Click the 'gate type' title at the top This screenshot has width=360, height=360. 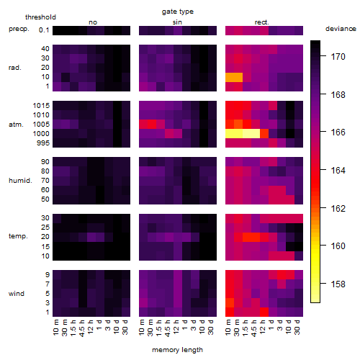178,12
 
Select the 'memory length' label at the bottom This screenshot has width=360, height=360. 178,350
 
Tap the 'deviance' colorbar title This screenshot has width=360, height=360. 341,29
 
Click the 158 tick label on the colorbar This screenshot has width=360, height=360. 338,284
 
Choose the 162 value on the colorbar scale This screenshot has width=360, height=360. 338,208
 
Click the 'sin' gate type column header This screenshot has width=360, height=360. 177,22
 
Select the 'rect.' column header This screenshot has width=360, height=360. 262,22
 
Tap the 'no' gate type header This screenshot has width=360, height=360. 93,22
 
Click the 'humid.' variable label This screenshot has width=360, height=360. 20,181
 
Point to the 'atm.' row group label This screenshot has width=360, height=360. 16,125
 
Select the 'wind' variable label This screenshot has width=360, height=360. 17,294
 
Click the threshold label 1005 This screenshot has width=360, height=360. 41,125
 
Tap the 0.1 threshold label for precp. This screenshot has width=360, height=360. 44,30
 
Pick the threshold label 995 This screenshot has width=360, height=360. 43,143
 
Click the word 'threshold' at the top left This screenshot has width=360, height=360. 40,17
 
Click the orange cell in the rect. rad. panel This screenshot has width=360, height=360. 234,77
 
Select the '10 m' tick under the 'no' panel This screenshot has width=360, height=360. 55,328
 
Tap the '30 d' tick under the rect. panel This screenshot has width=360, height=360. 297,328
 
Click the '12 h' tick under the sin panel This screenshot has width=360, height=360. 176,328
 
